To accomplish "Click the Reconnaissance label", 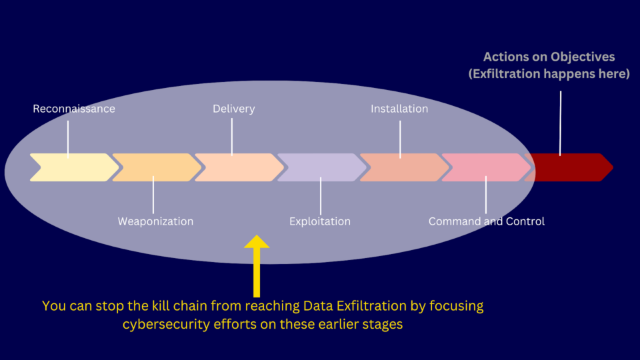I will (74, 109).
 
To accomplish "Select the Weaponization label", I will (155, 221).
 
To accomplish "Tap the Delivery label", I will (233, 109).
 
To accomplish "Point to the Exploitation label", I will (320, 221).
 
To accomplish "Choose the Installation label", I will (399, 109).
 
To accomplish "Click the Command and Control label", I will (486, 221).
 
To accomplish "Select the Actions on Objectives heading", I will (549, 57).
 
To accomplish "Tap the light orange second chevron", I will (155, 167).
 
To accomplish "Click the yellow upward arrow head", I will (257, 241).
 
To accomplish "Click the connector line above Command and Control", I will (486, 195).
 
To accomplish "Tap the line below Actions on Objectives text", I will (560, 123).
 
